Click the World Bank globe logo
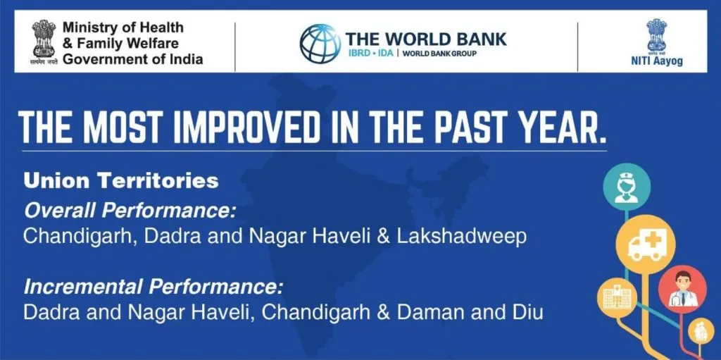[x=320, y=43]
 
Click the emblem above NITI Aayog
[x=657, y=35]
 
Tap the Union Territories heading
[x=121, y=181]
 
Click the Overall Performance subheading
[x=130, y=211]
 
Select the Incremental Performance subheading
[x=152, y=287]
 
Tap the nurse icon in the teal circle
[x=627, y=187]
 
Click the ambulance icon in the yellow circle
[x=646, y=244]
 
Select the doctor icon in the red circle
[x=682, y=289]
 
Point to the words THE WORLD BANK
[x=426, y=39]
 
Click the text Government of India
[x=133, y=59]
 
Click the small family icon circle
[x=701, y=330]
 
